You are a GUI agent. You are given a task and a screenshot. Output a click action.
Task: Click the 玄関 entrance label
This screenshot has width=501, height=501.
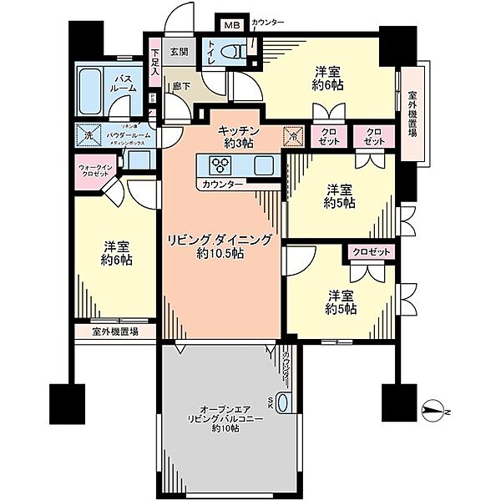tap(180, 51)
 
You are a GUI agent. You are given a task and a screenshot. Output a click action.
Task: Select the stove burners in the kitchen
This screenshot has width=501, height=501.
tap(210, 164)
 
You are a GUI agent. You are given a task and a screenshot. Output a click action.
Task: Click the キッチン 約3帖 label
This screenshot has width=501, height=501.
tap(240, 137)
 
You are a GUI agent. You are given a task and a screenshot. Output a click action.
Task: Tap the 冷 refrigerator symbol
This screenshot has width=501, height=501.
tap(295, 134)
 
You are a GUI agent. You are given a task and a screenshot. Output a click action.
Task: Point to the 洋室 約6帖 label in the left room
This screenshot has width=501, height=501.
tap(116, 254)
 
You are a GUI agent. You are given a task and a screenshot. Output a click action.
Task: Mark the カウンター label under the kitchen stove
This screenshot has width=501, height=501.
tap(222, 183)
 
